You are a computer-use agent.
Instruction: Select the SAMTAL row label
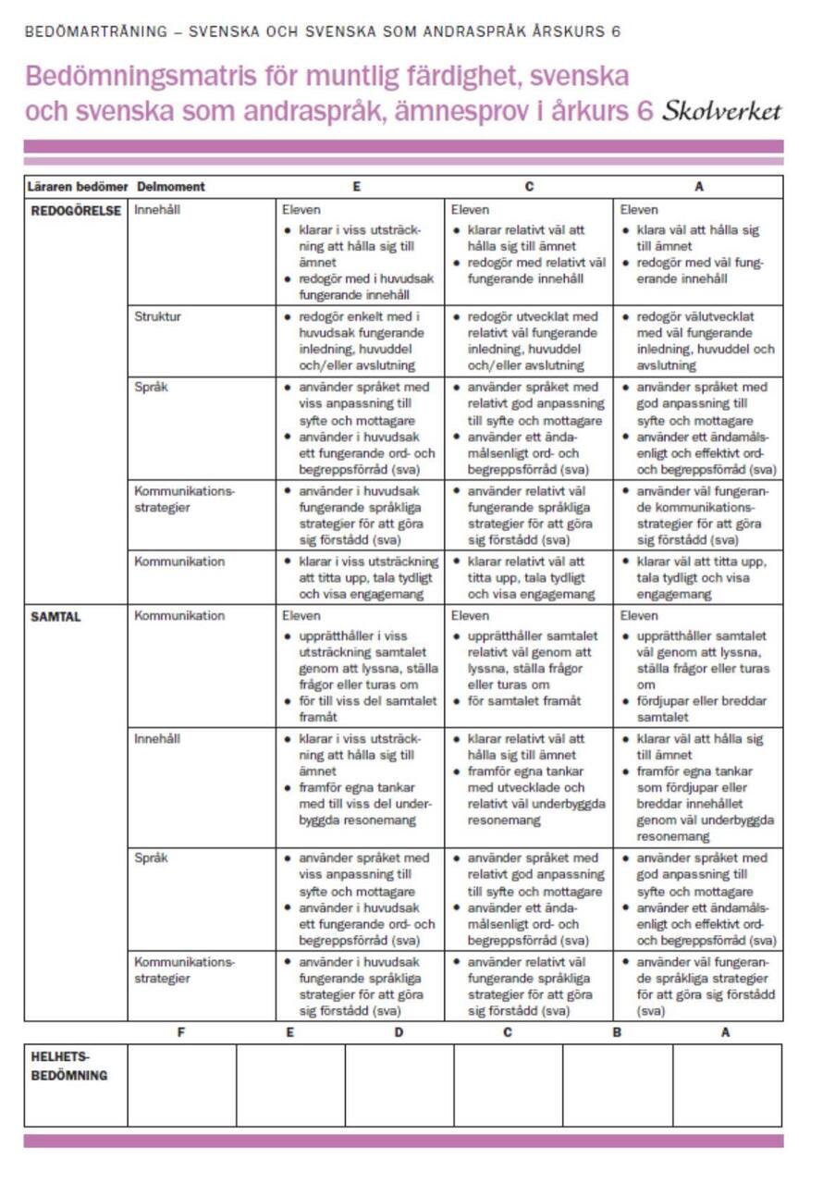click(56, 616)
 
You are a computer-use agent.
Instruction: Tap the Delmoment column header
click(170, 187)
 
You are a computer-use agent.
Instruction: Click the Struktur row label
click(157, 316)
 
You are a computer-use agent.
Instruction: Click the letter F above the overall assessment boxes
click(180, 1032)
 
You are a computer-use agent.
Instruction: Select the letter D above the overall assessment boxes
click(399, 1032)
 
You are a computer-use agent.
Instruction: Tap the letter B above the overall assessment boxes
click(617, 1032)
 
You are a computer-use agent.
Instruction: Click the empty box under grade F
click(181, 1085)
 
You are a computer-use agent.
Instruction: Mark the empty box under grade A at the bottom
click(727, 1085)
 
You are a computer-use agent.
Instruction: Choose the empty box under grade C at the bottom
click(508, 1085)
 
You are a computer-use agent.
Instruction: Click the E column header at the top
click(357, 187)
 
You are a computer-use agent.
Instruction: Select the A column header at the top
click(699, 187)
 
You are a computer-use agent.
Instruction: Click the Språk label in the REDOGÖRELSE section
click(151, 388)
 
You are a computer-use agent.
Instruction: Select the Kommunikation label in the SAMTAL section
click(179, 616)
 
